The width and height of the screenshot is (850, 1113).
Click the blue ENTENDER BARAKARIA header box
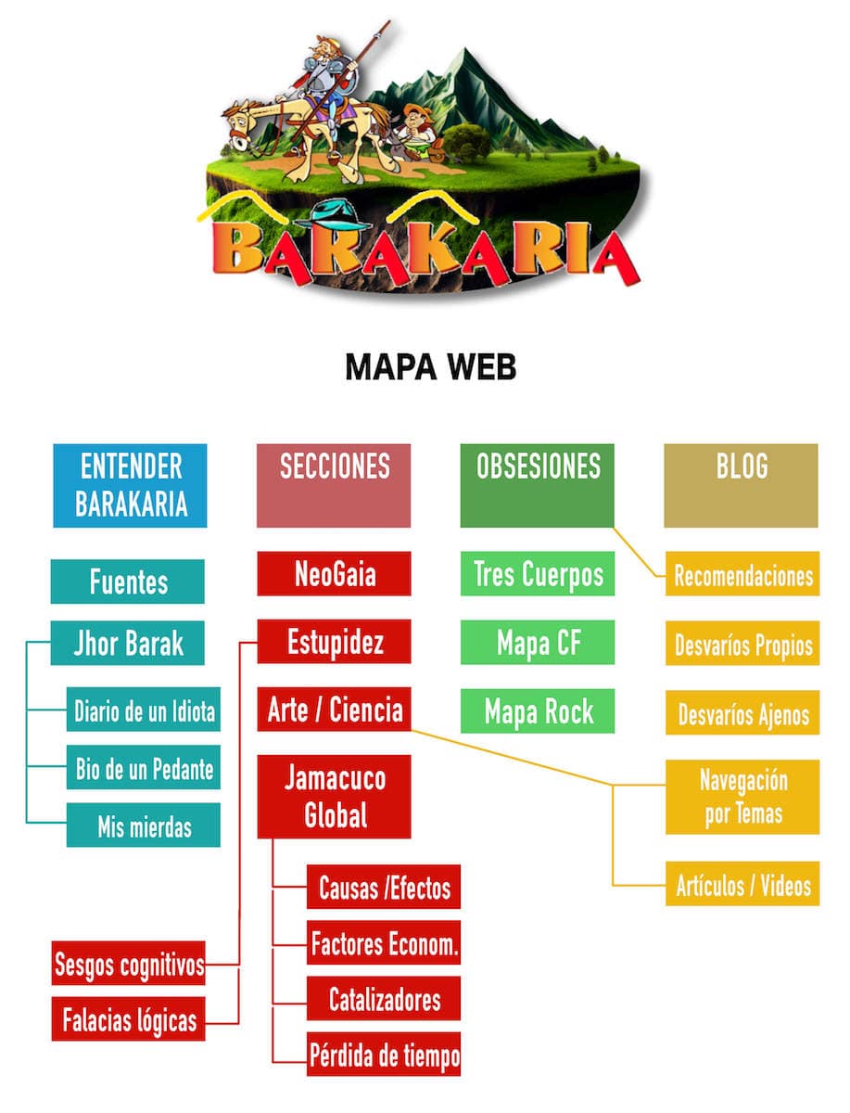pos(130,485)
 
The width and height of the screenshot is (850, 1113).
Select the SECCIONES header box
pos(334,485)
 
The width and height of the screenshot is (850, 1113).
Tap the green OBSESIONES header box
pos(538,485)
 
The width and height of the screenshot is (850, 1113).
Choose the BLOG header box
pos(742,485)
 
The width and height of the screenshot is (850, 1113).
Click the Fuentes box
pos(128,582)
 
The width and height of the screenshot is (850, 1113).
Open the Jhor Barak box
pos(128,643)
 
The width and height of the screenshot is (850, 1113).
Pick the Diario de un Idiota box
pos(144,711)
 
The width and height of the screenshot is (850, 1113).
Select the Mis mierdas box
pos(144,825)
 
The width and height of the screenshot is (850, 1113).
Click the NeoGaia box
pos(334,574)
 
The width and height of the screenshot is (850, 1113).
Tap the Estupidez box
pos(334,642)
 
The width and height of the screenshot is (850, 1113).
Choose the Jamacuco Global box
pos(334,797)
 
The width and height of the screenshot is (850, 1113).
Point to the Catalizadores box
pos(384,1000)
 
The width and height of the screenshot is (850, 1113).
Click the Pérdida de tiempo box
pos(384,1055)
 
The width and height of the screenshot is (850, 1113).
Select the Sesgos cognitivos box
pos(129,964)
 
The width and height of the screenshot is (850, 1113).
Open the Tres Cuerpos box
pos(538,574)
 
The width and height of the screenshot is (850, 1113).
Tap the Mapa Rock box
pos(538,711)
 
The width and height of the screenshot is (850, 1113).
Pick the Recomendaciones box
pos(742,575)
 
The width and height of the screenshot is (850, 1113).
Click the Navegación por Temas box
pos(742,797)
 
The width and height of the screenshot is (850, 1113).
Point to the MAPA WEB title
pos(430,367)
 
